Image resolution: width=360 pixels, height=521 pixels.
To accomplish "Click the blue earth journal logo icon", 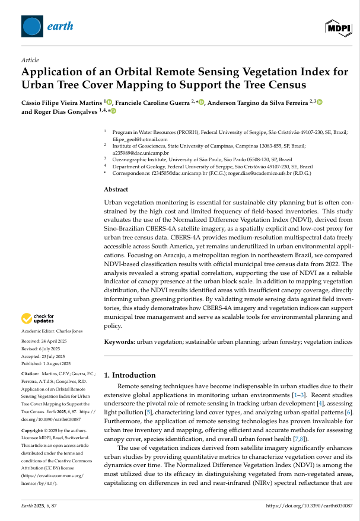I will (x=32, y=25).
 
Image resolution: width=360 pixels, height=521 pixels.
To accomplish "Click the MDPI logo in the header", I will (x=337, y=27).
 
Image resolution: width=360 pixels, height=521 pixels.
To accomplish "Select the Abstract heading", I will (x=116, y=189).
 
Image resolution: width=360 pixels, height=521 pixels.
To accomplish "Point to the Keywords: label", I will (x=120, y=342).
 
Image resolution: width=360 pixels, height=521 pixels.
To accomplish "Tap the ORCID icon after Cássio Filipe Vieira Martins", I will (x=109, y=103).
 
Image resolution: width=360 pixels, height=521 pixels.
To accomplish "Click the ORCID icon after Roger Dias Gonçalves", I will (x=113, y=111).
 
